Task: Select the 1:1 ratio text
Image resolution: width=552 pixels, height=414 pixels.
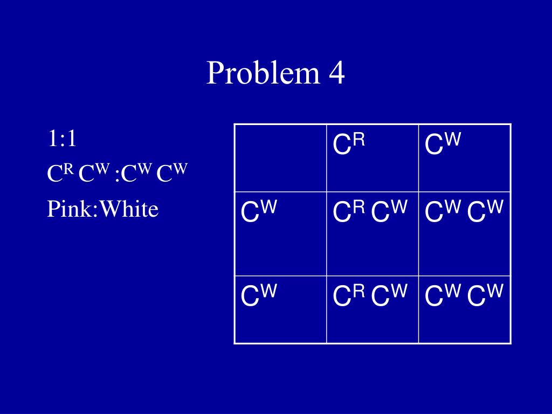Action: tap(61, 139)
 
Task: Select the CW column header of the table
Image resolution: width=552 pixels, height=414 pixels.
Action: tap(443, 145)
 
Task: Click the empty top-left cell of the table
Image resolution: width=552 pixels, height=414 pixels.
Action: tap(280, 157)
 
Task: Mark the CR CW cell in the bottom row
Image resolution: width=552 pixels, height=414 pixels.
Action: tap(371, 296)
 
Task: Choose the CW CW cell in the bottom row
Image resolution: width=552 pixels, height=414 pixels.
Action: tap(464, 296)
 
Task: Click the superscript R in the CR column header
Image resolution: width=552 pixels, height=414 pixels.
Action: tap(360, 140)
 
